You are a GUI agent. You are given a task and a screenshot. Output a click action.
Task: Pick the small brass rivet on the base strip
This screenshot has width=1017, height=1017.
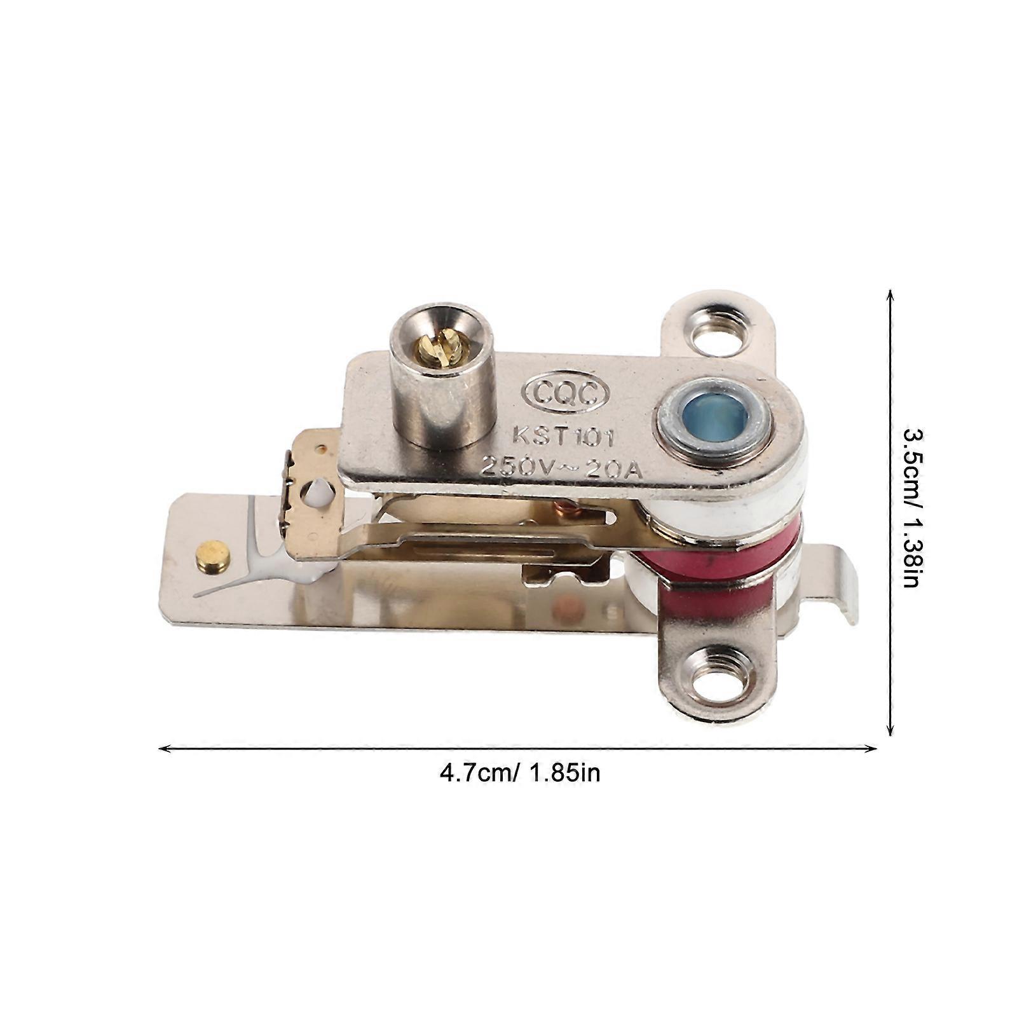(212, 554)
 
